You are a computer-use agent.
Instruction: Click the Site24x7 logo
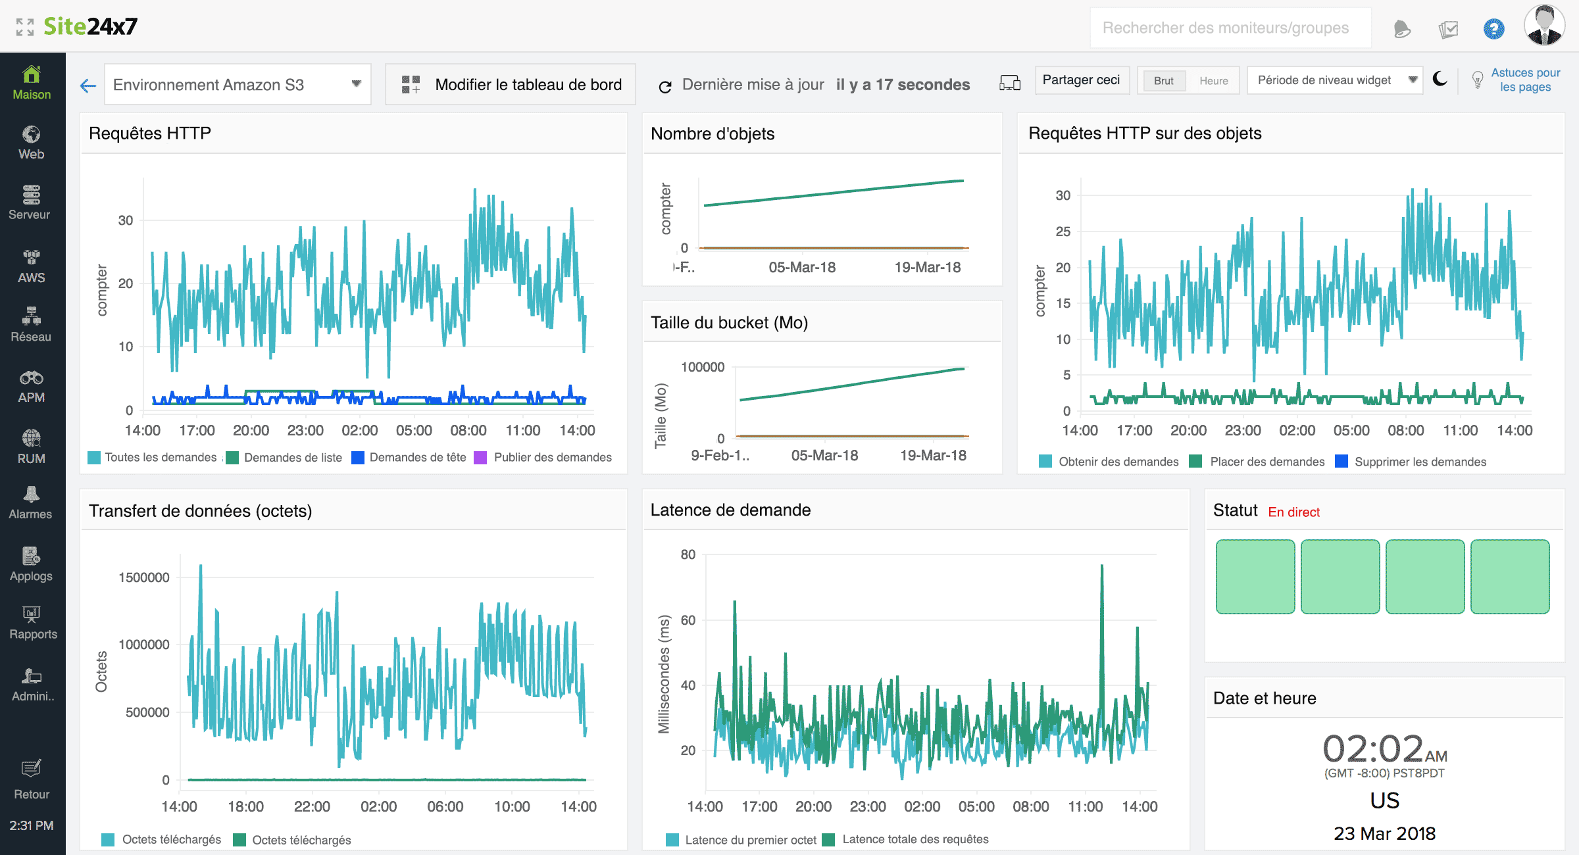(x=90, y=26)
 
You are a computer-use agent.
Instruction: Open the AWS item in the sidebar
(x=32, y=266)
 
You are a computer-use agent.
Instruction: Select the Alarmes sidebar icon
(x=31, y=503)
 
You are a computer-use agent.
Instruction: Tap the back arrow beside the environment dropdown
(x=88, y=85)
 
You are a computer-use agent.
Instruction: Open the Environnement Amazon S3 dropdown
(x=237, y=85)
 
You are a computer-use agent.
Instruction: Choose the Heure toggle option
(x=1213, y=81)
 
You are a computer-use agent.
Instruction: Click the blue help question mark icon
(x=1493, y=29)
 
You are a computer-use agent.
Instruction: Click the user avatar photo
(x=1543, y=26)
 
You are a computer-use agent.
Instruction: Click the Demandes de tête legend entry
(x=416, y=458)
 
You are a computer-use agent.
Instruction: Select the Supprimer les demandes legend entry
(x=1419, y=462)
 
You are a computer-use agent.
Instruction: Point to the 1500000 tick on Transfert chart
(x=144, y=577)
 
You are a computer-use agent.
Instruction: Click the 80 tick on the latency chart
(x=688, y=554)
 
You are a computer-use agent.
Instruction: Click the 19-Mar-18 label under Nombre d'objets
(x=927, y=268)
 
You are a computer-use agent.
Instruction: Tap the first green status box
(x=1255, y=577)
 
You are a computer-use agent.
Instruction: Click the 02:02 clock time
(x=1373, y=749)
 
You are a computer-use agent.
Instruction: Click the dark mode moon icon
(x=1440, y=80)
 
